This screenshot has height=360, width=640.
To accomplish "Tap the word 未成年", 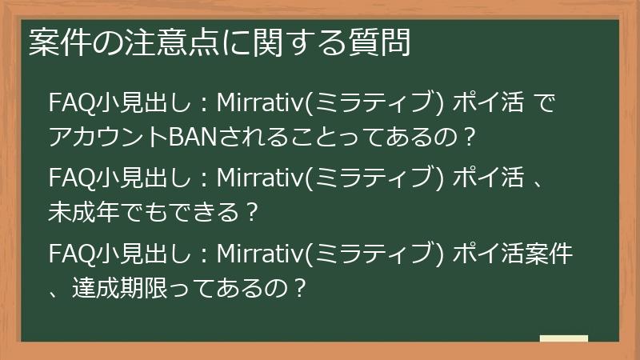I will tap(86, 211).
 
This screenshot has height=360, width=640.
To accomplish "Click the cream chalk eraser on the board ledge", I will tap(563, 338).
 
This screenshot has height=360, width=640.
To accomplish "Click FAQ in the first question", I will tap(68, 104).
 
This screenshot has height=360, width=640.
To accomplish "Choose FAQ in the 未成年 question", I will tap(68, 177).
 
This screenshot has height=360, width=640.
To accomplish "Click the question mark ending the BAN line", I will tap(470, 138).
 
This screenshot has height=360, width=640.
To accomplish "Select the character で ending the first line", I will tap(541, 104).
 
